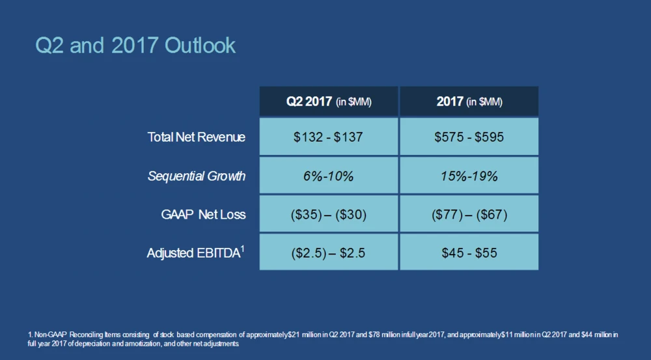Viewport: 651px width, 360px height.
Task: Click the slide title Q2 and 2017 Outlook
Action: pos(135,46)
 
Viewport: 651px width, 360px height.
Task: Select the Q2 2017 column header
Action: pos(329,102)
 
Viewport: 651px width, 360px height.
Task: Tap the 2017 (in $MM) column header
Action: pos(469,102)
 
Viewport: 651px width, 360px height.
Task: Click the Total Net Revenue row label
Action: pos(197,137)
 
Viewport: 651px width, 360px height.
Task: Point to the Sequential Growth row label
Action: pos(197,176)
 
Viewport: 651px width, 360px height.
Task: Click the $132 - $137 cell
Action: pos(329,137)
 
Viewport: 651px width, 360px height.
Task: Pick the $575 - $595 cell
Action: pos(469,137)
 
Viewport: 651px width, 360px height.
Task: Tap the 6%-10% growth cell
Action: pos(329,176)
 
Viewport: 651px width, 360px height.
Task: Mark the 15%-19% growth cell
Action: pos(469,176)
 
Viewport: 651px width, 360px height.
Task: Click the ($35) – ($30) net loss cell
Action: pos(329,214)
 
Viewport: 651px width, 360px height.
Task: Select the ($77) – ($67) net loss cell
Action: pos(469,214)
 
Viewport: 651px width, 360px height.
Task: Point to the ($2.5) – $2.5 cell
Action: pos(329,253)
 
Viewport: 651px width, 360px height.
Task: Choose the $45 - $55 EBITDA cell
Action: pos(469,253)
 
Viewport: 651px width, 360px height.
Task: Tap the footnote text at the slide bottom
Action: pos(322,339)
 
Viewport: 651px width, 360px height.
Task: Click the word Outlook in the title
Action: pos(200,46)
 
